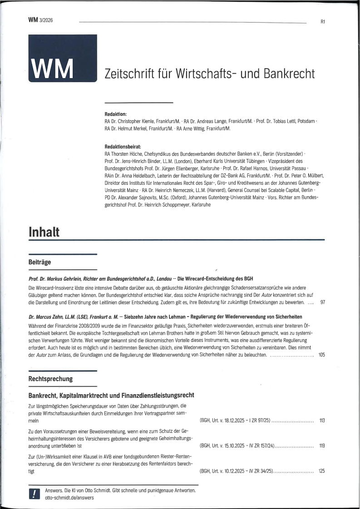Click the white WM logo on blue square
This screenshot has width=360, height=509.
tap(51, 68)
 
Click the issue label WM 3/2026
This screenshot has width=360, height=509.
tap(40, 20)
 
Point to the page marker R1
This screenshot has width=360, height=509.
tap(322, 21)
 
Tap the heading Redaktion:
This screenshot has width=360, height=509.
tap(115, 114)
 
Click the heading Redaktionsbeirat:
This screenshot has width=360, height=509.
tap(123, 147)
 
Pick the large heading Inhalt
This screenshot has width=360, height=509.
tap(44, 232)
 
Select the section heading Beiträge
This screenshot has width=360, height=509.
tap(39, 262)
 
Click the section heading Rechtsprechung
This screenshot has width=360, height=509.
tap(50, 378)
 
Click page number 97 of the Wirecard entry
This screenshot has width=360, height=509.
tap(322, 302)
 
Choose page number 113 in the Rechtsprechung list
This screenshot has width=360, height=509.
tap(322, 421)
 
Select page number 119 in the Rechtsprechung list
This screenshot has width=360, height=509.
tap(322, 446)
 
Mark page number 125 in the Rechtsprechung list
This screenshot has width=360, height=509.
tap(322, 472)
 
